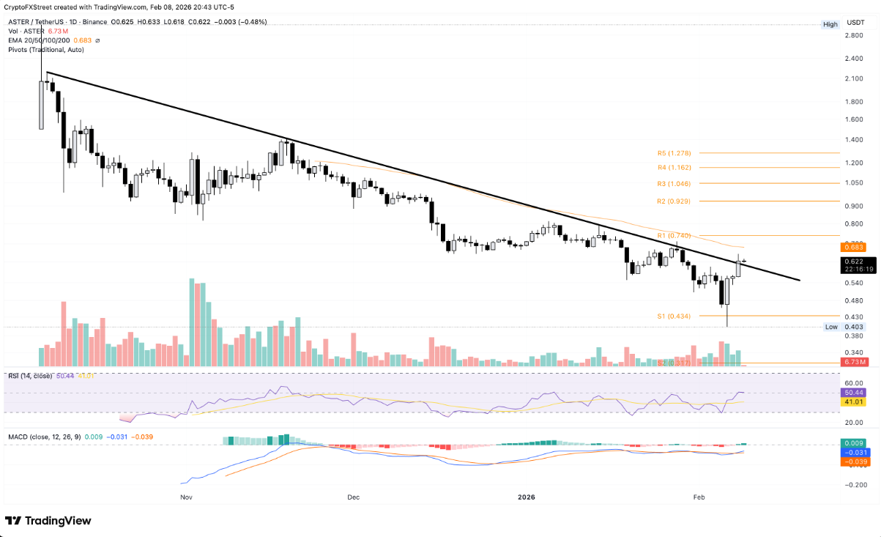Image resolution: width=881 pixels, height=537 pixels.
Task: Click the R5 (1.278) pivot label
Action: (x=674, y=154)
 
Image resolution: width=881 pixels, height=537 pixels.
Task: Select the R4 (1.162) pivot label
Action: (x=674, y=168)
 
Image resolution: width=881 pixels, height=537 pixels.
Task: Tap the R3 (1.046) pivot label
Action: (x=674, y=184)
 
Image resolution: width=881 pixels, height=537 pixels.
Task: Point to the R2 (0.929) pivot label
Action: (x=674, y=201)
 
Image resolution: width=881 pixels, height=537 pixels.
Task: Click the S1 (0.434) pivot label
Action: (x=673, y=316)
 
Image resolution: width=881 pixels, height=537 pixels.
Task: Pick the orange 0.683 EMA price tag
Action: (x=855, y=248)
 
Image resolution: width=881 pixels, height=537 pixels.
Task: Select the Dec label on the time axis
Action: (x=354, y=497)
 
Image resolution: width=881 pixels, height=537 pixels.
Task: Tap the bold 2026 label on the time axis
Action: (x=527, y=497)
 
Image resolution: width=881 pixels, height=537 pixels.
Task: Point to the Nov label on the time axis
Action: (x=185, y=497)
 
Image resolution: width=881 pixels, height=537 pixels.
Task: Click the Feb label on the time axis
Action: (x=699, y=497)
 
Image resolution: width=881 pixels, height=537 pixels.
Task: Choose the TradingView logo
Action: (x=48, y=520)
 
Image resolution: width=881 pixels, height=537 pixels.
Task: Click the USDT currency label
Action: (x=855, y=23)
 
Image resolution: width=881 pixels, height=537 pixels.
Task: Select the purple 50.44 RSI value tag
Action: (x=855, y=393)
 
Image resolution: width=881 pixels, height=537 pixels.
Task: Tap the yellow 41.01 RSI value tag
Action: (x=855, y=402)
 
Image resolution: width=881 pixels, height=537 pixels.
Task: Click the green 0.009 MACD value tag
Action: (x=855, y=443)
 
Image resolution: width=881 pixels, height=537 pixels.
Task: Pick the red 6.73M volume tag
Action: (x=855, y=362)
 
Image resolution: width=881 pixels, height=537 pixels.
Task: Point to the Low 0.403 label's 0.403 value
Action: (x=855, y=327)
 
